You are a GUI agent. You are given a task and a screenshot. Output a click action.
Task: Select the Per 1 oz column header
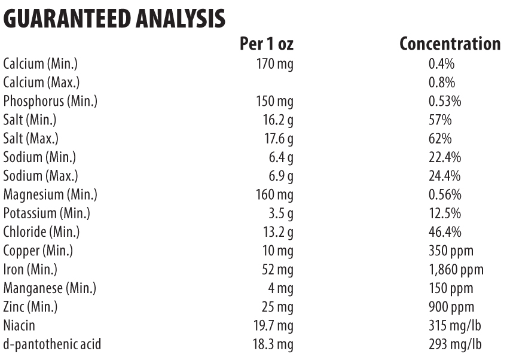[266, 44]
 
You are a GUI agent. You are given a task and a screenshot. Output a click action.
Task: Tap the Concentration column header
[450, 44]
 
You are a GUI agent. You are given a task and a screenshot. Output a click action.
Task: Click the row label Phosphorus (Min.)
[50, 101]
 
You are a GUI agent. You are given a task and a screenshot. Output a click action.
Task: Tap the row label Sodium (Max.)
[40, 177]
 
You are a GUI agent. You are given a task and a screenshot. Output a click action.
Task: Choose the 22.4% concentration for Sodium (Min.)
[444, 158]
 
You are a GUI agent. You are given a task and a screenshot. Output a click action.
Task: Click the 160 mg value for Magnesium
[275, 196]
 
